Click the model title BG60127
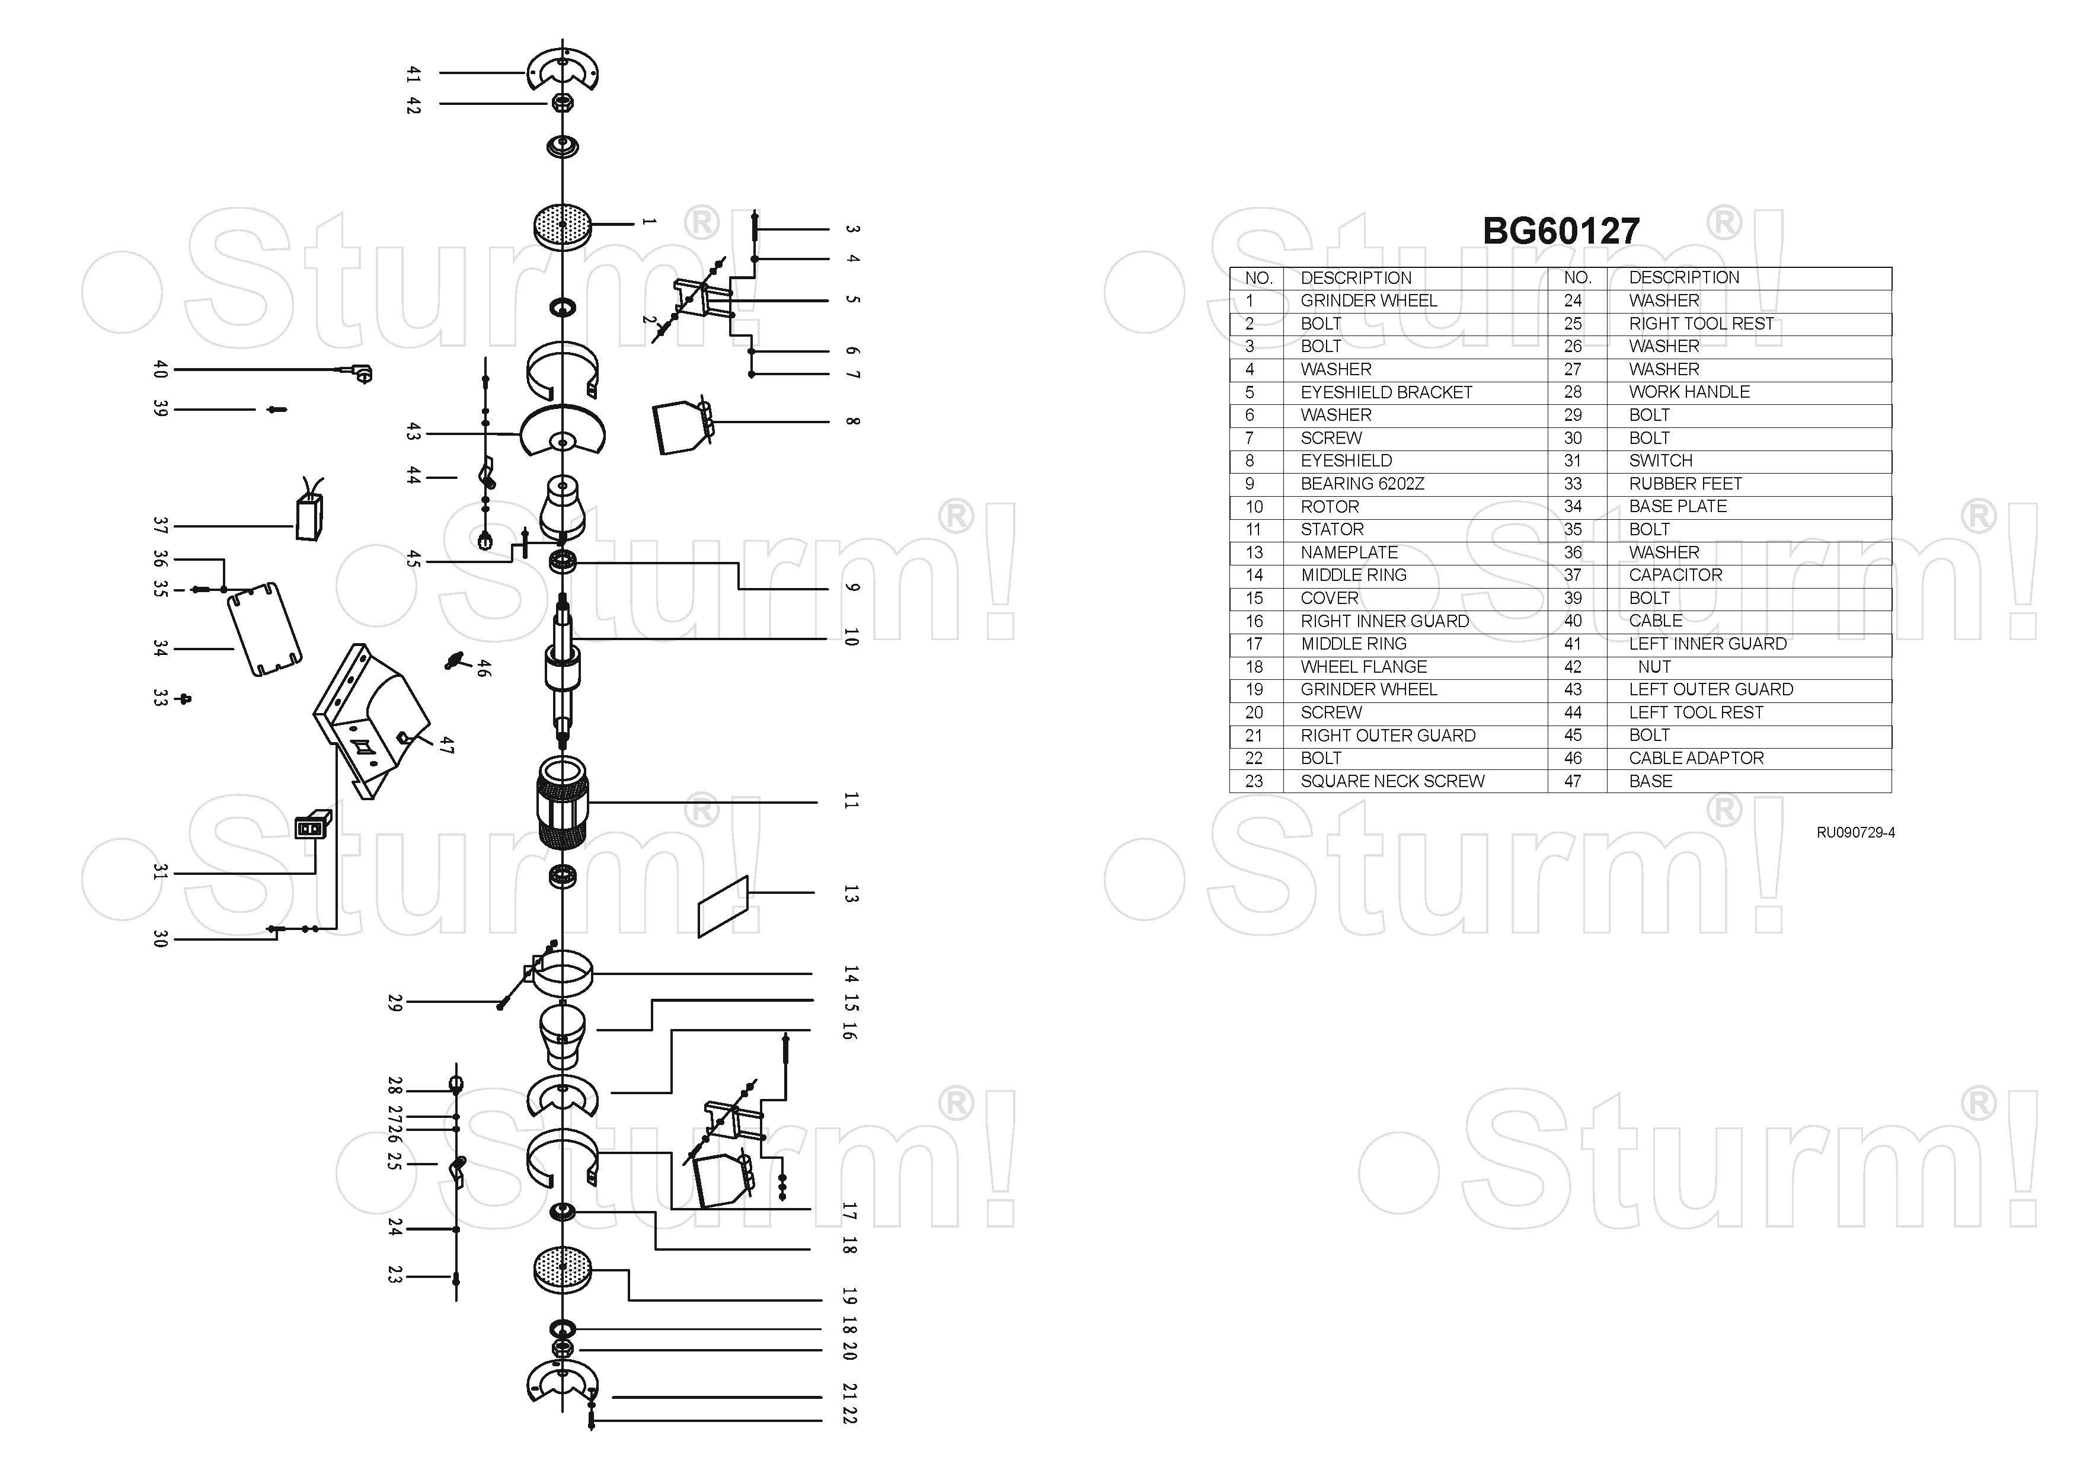tap(1560, 231)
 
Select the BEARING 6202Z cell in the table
tap(1362, 484)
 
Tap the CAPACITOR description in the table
tap(1675, 575)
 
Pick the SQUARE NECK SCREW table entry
tap(1391, 781)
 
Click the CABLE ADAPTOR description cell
tap(1696, 758)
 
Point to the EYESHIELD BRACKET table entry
tap(1386, 392)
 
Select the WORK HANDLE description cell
tap(1689, 392)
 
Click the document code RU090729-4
tap(1855, 832)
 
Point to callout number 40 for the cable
tap(161, 369)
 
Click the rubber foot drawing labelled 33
tap(186, 698)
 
